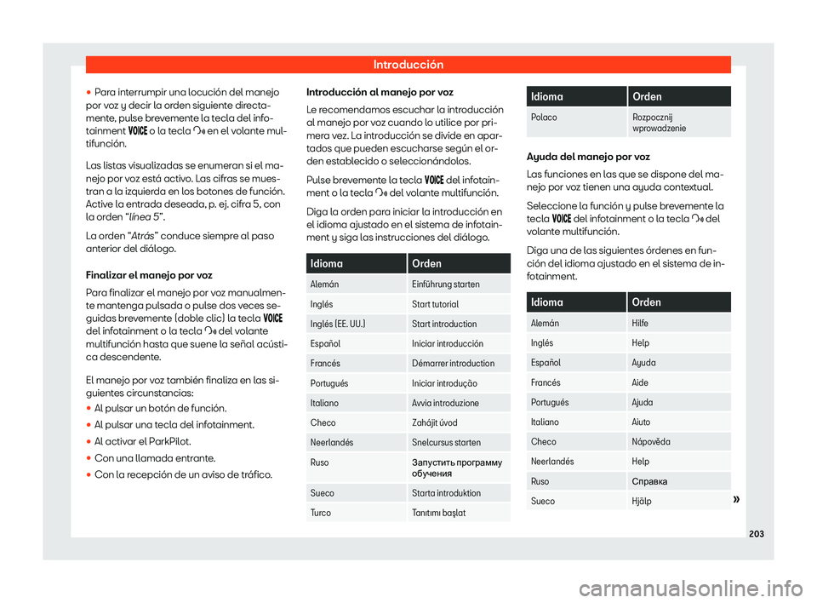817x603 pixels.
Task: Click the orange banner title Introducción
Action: tap(408, 65)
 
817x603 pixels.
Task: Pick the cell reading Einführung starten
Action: tap(445, 284)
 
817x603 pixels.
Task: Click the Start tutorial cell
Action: tap(435, 304)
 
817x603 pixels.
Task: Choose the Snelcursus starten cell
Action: tap(446, 443)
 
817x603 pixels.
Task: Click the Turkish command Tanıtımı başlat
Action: tap(440, 512)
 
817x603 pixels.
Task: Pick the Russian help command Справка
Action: tap(649, 481)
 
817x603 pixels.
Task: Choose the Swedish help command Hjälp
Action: tap(643, 502)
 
